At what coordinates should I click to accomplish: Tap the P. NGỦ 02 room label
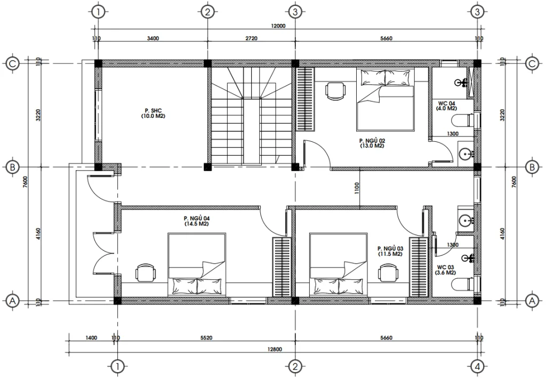(x=372, y=143)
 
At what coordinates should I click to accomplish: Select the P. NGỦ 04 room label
(x=196, y=221)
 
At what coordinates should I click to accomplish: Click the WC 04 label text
(x=446, y=106)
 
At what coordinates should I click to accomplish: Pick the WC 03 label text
(x=446, y=269)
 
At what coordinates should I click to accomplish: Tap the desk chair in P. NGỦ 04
(x=145, y=272)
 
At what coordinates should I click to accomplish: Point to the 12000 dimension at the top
(x=278, y=26)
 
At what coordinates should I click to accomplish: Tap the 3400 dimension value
(x=152, y=38)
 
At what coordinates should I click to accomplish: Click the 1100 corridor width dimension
(x=356, y=187)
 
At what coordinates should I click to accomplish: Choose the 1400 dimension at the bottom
(x=91, y=337)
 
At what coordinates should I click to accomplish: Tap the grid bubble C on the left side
(x=13, y=63)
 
